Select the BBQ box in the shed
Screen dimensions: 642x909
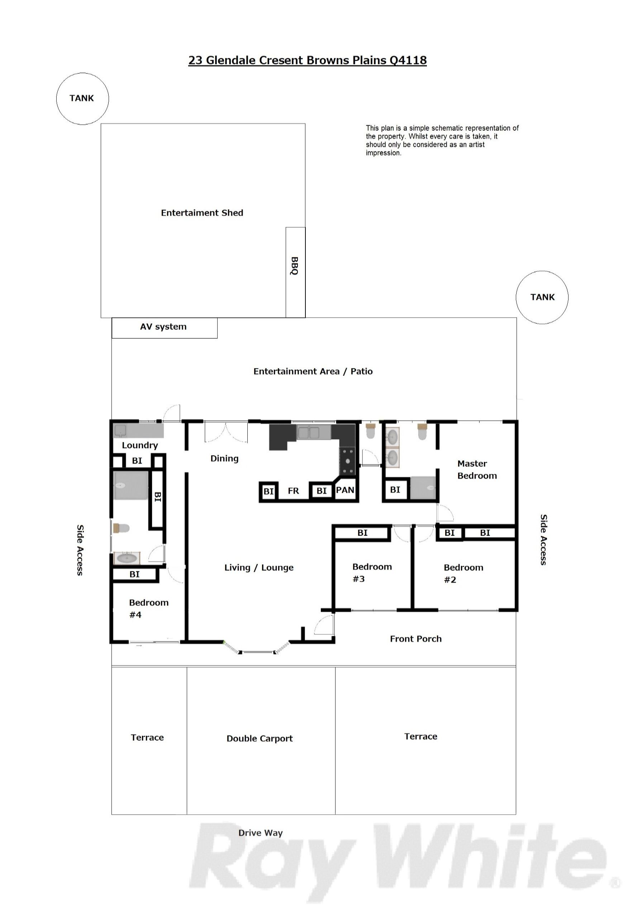(x=295, y=273)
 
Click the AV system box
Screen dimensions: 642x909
(x=164, y=328)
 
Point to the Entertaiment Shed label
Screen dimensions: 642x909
(x=202, y=213)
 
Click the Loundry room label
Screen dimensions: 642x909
(x=140, y=445)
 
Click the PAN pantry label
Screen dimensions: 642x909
(x=345, y=490)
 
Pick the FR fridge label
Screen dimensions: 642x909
(x=293, y=491)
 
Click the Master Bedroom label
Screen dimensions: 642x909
(x=477, y=469)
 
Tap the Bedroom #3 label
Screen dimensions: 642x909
(x=372, y=573)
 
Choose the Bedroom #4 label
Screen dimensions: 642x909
(x=149, y=609)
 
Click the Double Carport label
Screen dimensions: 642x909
(x=260, y=738)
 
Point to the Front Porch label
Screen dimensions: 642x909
(x=415, y=639)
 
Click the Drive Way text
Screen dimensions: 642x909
(x=261, y=833)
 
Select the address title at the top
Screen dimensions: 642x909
(x=307, y=60)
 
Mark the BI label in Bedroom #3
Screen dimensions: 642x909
(x=362, y=533)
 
